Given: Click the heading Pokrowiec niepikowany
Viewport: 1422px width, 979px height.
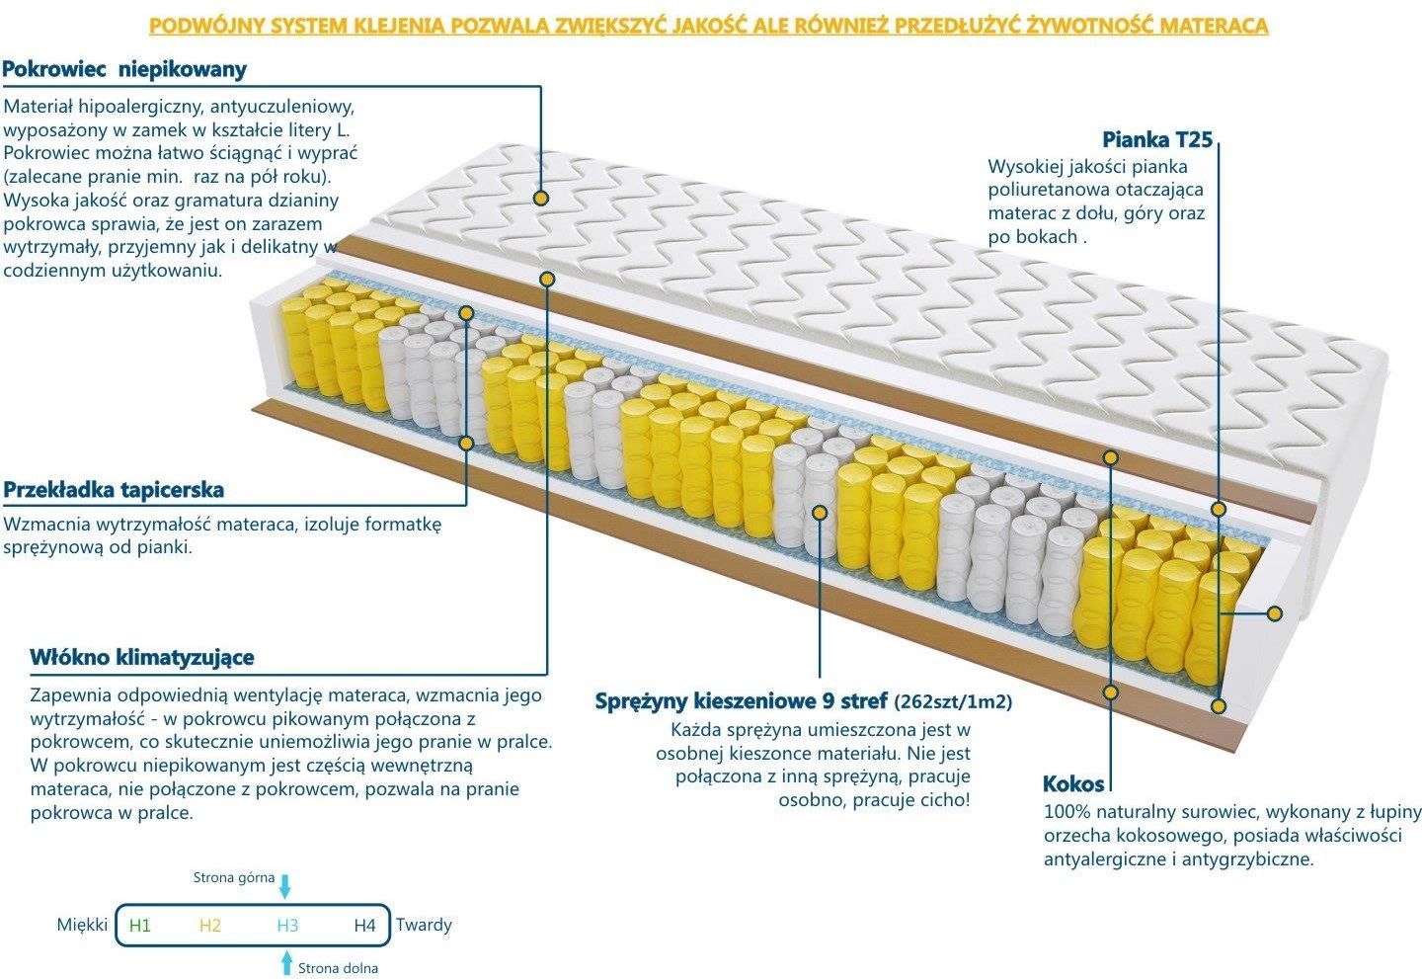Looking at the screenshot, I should [x=124, y=69].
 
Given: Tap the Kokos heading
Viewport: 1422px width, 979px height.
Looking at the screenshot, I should [x=1073, y=784].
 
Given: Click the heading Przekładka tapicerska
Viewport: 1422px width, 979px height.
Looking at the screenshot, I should [x=114, y=490].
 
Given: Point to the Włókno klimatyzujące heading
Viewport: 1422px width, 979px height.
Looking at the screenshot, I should [x=141, y=658].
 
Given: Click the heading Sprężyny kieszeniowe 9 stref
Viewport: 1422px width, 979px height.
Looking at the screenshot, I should [x=741, y=701].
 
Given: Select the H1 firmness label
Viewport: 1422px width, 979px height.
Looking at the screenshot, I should [x=140, y=926].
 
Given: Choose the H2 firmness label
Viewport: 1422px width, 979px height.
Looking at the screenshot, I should [x=209, y=926].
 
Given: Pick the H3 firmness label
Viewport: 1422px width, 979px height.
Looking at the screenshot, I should [x=287, y=926].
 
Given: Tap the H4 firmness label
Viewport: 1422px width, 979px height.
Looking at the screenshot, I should [x=364, y=926].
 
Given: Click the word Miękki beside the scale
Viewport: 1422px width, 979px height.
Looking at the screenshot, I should [x=82, y=925].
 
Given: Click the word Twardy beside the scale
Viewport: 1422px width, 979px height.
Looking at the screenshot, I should [x=424, y=925].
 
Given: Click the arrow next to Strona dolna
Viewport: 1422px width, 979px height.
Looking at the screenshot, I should [x=287, y=963].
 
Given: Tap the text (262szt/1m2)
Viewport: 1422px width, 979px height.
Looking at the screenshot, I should [x=953, y=702].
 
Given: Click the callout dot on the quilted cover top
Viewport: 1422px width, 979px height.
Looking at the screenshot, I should [x=540, y=198].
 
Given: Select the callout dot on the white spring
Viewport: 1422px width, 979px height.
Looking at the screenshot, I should [x=820, y=512].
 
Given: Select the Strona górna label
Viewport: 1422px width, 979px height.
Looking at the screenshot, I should [x=233, y=877].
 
